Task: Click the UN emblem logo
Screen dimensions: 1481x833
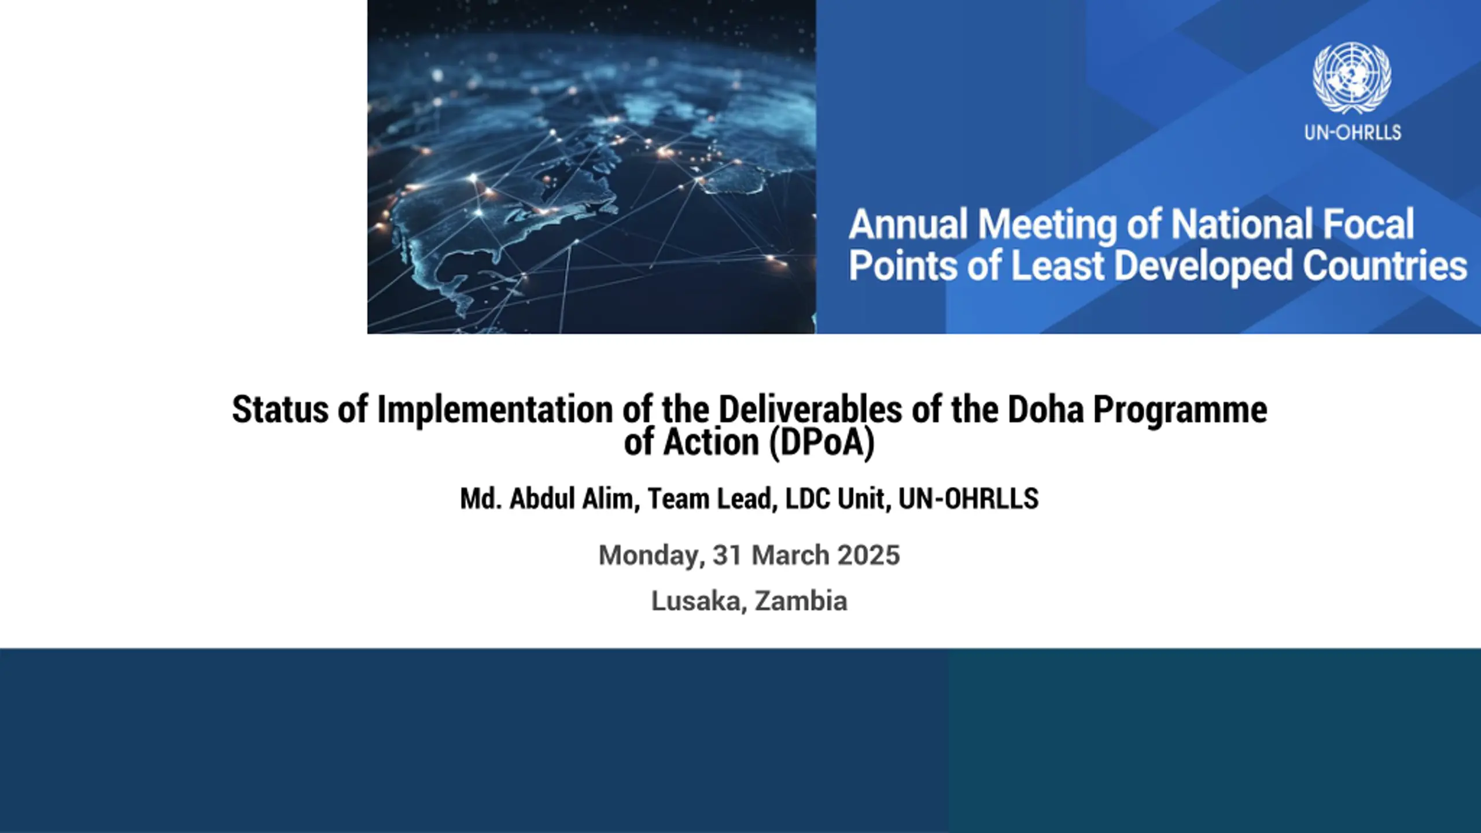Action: (1352, 78)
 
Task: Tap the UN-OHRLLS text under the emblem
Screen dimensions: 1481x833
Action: (1353, 132)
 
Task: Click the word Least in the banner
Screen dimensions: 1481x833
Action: (1057, 266)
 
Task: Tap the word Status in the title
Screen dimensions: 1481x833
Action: (281, 410)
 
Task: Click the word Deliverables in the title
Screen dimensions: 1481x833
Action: (810, 410)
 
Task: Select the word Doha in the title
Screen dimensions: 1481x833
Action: (1045, 410)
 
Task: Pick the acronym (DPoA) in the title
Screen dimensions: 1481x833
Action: (821, 443)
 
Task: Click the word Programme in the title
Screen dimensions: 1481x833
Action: (1180, 411)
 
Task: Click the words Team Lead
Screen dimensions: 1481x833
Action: (713, 499)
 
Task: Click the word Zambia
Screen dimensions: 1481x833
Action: (801, 600)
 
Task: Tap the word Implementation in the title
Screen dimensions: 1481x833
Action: (495, 411)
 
